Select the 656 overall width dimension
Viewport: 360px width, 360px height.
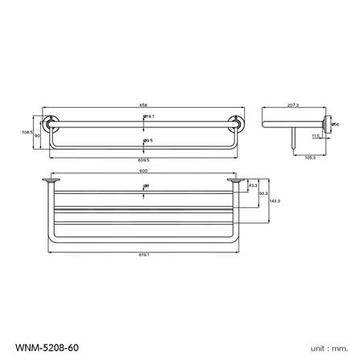tap(143, 104)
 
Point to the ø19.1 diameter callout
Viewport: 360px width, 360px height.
tap(149, 117)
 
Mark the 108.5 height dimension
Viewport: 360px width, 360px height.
tap(26, 132)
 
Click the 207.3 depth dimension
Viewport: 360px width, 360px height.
tap(292, 104)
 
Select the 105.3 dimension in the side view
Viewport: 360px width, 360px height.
tap(309, 158)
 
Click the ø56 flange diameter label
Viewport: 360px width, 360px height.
tap(335, 124)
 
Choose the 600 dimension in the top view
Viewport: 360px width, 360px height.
tap(143, 171)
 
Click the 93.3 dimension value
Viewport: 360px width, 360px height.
tap(263, 192)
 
